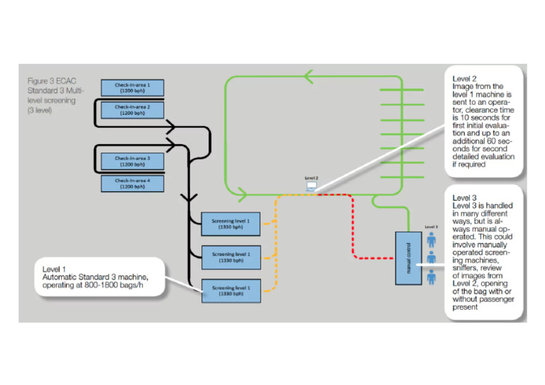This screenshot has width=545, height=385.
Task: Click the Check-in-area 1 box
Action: [x=133, y=87]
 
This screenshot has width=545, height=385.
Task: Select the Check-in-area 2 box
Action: [x=133, y=109]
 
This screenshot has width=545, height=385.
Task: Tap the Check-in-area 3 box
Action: [x=133, y=161]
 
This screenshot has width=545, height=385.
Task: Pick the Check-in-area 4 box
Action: [x=133, y=184]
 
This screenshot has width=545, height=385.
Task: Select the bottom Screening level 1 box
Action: [x=231, y=290]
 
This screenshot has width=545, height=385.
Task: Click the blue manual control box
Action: [x=407, y=257]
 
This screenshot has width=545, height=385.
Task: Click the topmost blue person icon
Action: [x=431, y=238]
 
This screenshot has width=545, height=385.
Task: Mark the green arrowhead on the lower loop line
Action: [x=243, y=192]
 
